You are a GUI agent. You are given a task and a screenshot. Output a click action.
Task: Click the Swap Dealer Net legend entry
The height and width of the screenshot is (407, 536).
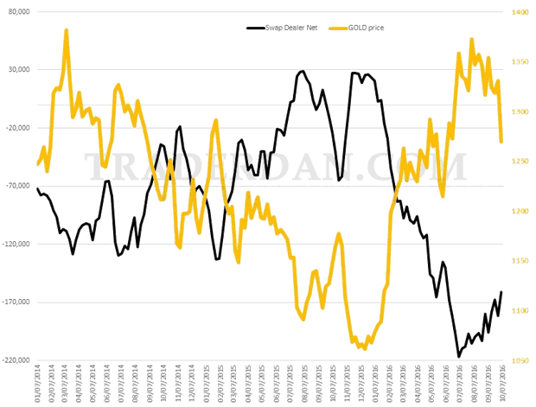tap(284, 28)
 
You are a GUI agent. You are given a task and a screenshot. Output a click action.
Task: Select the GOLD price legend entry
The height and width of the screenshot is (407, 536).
tap(356, 28)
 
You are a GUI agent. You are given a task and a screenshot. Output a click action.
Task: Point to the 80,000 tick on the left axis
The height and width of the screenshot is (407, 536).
tap(18, 12)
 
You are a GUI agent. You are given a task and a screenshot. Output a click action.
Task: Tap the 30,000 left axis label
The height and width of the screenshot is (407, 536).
tap(18, 70)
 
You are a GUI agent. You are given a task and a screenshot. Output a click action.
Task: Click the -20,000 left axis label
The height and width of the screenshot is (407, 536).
tap(17, 128)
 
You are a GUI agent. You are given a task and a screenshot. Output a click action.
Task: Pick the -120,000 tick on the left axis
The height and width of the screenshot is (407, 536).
tap(16, 245)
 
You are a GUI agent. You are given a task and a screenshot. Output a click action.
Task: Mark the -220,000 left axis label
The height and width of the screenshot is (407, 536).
tap(16, 360)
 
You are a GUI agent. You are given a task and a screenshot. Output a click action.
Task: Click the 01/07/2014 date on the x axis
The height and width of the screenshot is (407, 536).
tap(38, 382)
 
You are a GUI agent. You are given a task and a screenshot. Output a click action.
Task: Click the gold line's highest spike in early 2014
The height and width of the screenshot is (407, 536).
tap(67, 30)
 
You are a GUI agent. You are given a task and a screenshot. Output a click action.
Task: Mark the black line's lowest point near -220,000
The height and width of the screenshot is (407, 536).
tap(459, 356)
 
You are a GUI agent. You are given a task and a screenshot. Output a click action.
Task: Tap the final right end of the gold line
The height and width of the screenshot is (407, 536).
tap(501, 142)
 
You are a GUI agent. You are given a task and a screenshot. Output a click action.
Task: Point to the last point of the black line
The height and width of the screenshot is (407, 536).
tap(501, 292)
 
